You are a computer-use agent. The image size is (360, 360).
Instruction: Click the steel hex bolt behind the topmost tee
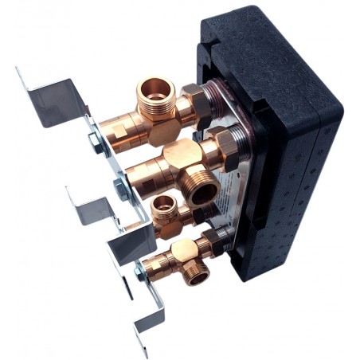[94, 143]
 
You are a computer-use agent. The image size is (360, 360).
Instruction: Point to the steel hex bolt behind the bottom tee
[141, 273]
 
